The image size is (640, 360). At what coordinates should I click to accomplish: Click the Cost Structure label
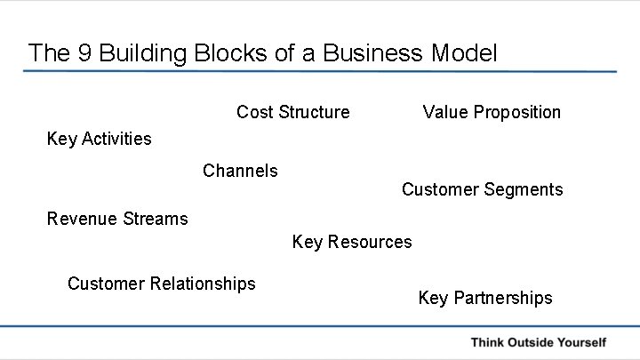click(292, 112)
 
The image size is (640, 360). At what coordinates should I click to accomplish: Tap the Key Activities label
click(99, 139)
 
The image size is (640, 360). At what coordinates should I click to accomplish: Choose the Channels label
click(240, 170)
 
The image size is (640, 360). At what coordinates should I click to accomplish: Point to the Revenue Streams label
click(117, 218)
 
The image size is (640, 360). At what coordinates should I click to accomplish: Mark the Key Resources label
click(352, 242)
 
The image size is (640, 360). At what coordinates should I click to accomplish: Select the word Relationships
click(203, 284)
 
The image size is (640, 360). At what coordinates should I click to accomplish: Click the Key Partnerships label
click(484, 298)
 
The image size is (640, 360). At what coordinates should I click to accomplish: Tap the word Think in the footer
click(490, 342)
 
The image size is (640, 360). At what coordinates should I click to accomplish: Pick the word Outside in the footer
click(533, 342)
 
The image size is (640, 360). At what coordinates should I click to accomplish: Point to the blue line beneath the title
click(320, 71)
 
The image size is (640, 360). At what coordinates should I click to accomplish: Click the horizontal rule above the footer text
click(320, 327)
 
